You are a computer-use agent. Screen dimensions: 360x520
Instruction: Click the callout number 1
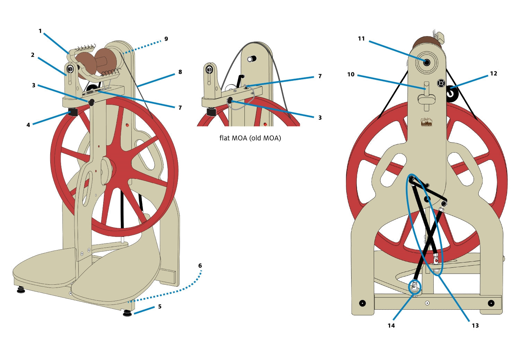[x=40, y=31]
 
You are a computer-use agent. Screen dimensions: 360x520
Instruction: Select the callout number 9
[x=166, y=39]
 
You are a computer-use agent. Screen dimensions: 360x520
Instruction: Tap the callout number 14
[x=391, y=325]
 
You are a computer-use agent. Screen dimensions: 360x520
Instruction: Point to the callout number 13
[x=475, y=325]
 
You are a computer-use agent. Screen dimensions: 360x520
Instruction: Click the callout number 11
[x=361, y=39]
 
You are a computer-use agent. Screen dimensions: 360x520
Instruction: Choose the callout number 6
[x=200, y=266]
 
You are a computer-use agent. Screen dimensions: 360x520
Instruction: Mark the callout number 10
[x=351, y=74]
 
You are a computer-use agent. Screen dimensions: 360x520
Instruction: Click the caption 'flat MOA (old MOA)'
[x=250, y=138]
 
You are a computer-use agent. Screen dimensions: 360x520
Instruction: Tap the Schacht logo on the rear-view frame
[x=426, y=122]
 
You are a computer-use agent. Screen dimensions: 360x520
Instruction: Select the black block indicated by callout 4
[x=73, y=112]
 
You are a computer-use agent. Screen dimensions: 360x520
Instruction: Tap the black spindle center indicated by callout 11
[x=426, y=62]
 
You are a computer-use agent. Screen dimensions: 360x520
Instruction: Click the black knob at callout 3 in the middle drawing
[x=229, y=101]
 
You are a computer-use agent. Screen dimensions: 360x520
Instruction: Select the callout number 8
[x=180, y=72]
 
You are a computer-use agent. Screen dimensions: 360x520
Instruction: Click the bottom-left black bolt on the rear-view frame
[x=362, y=303]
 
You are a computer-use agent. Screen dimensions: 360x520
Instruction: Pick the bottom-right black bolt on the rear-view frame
[x=491, y=303]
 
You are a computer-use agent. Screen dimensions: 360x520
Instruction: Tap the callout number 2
[x=33, y=55]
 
